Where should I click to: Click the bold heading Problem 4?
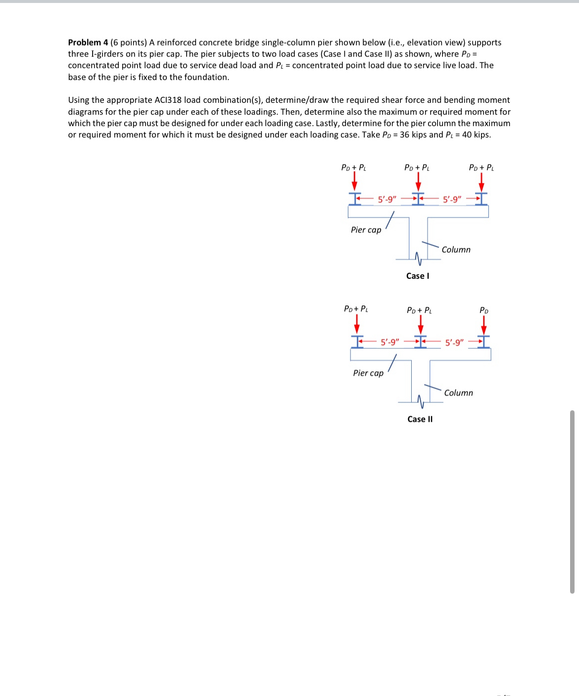point(88,43)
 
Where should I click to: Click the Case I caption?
point(418,276)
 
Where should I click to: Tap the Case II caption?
point(420,419)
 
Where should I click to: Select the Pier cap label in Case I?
point(366,230)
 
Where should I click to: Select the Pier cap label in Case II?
point(368,373)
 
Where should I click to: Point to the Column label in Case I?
point(456,250)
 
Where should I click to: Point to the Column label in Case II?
point(458,393)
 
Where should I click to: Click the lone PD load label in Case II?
point(484,310)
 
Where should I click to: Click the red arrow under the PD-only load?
point(484,325)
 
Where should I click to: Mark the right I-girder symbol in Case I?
point(482,199)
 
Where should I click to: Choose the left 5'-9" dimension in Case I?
point(387,200)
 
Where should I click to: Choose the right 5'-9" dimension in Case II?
point(454,343)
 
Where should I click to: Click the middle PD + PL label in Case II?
point(419,310)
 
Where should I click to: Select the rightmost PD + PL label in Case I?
point(481,168)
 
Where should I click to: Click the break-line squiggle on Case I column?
point(418,259)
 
